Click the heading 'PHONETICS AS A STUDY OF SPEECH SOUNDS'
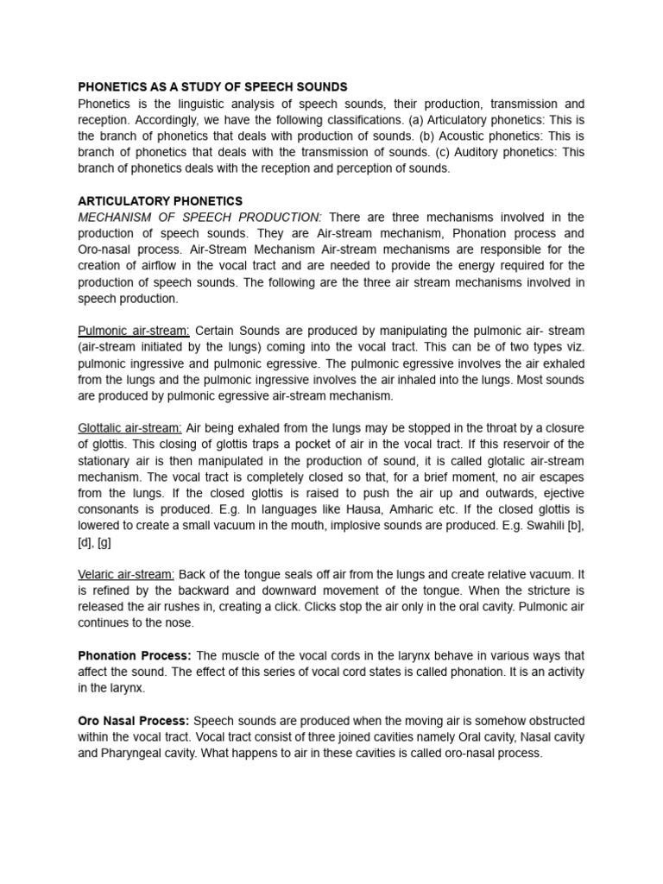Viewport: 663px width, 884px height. [212, 87]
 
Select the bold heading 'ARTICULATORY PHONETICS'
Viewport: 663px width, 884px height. [160, 201]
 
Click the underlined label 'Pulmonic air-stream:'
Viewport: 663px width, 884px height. [134, 331]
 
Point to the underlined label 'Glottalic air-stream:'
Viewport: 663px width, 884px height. [129, 428]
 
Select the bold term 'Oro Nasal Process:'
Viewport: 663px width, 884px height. [134, 720]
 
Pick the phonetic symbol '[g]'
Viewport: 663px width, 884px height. [104, 542]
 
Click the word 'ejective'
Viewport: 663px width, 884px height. [562, 493]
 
